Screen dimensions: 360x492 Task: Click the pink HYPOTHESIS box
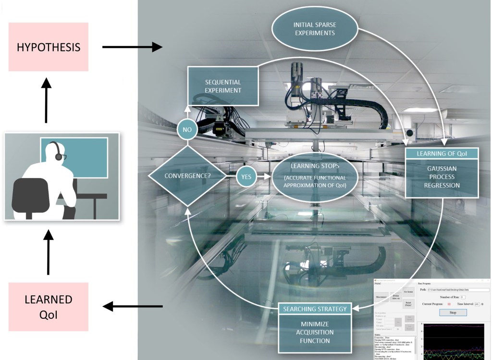(x=48, y=47)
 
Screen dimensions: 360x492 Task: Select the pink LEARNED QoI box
(x=48, y=306)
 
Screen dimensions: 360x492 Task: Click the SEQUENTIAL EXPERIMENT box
(x=222, y=86)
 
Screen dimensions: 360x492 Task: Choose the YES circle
(x=246, y=176)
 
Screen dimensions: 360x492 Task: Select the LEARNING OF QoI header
(x=442, y=154)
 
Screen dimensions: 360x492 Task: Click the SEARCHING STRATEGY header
(x=315, y=309)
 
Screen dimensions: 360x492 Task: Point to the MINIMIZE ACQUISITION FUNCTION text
(x=315, y=332)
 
